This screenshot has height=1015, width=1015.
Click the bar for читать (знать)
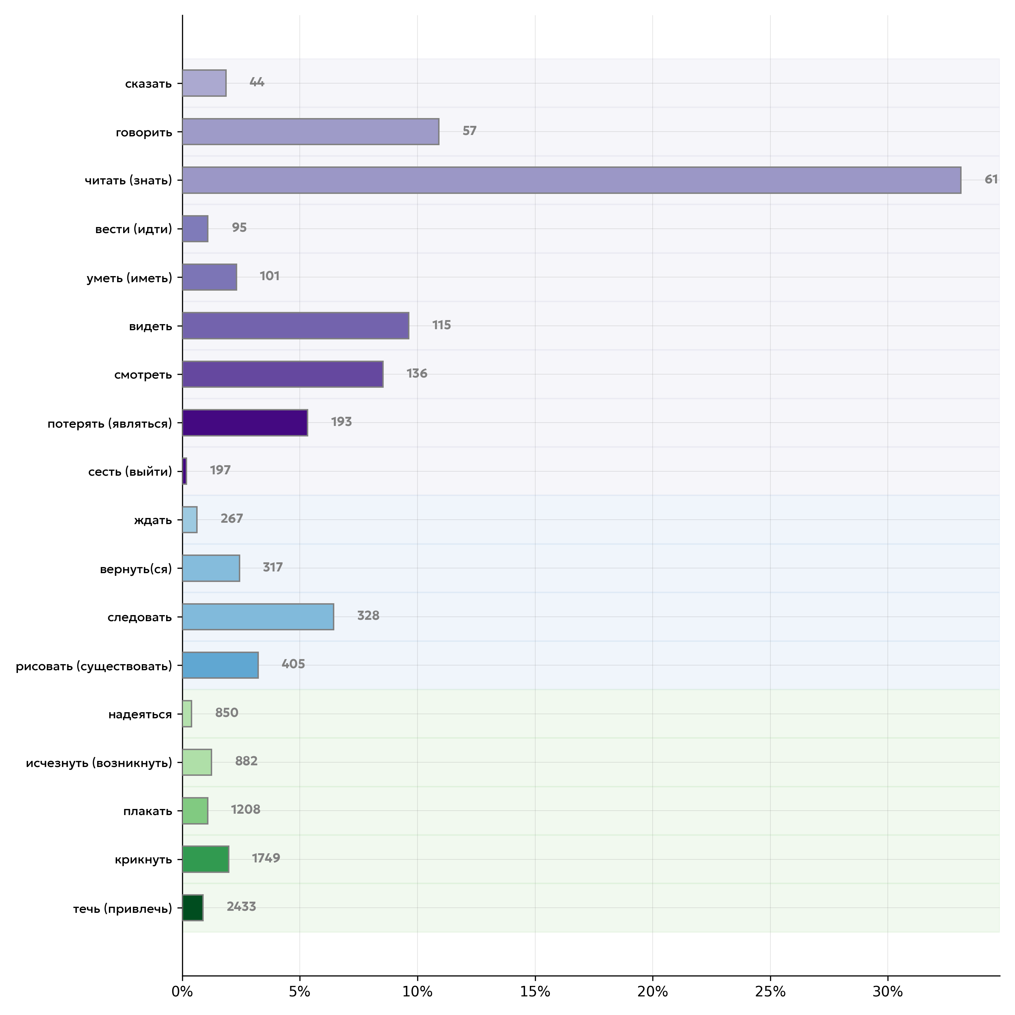[571, 180]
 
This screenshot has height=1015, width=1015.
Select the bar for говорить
[311, 131]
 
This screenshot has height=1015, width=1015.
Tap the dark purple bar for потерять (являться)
[245, 422]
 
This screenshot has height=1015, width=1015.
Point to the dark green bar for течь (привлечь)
[193, 907]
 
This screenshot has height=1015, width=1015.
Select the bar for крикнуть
[205, 859]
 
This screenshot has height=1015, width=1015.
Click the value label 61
[991, 180]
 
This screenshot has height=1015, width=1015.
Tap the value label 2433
[241, 907]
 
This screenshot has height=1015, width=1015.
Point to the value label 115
[441, 325]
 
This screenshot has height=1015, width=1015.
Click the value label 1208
[245, 810]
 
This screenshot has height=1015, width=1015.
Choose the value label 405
[293, 664]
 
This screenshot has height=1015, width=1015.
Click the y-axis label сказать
[148, 84]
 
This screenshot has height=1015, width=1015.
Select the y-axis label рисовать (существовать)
[94, 666]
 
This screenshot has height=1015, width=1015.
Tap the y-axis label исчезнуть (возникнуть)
[99, 763]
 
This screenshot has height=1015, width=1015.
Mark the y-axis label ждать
[153, 520]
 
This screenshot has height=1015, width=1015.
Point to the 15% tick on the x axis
[535, 992]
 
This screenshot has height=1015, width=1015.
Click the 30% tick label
[888, 992]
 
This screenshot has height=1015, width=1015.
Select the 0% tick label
[182, 992]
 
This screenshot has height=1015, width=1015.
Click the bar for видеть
[295, 326]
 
